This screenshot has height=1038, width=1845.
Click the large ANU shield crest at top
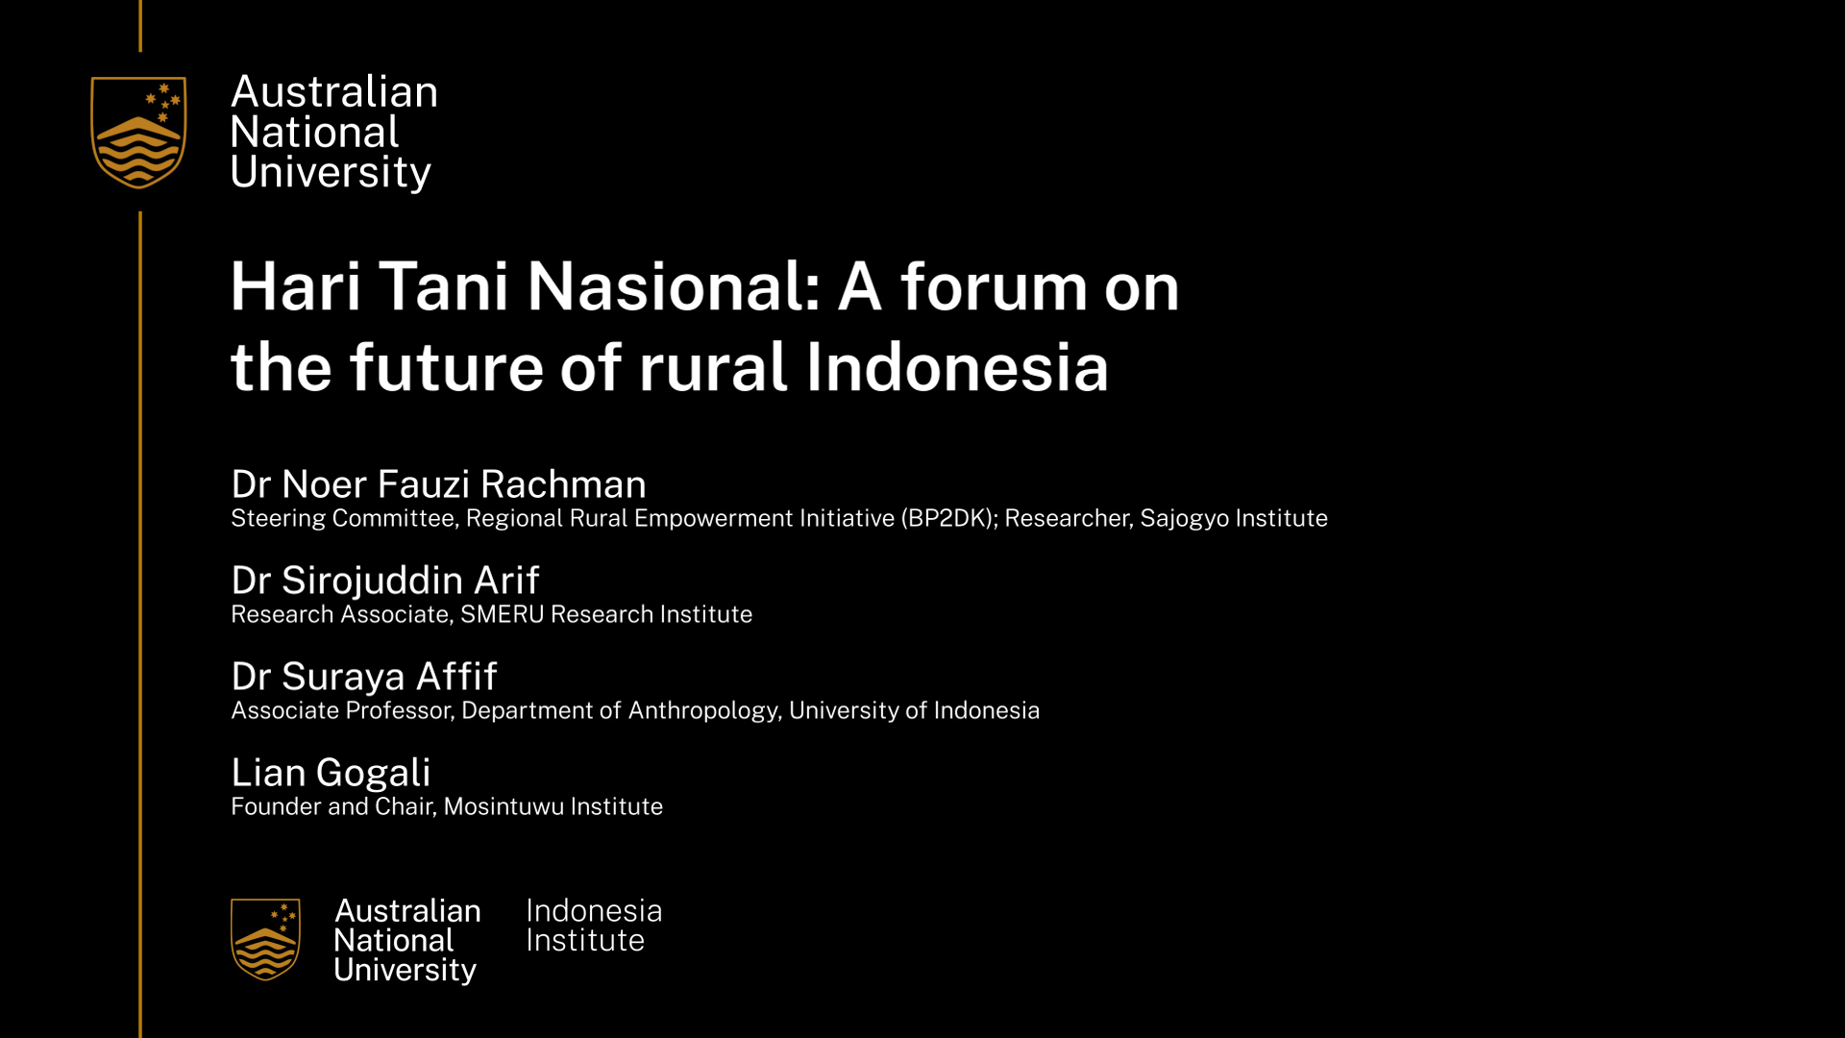click(138, 133)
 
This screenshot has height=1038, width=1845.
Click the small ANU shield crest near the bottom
click(265, 939)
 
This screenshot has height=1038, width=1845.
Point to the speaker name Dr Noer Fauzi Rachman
click(438, 483)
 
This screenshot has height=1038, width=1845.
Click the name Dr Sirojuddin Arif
click(385, 580)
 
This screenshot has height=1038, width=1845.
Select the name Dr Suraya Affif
click(364, 676)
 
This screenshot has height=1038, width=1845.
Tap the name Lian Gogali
click(331, 772)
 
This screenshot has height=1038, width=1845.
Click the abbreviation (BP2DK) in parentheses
click(947, 518)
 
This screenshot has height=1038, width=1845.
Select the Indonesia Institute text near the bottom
click(594, 926)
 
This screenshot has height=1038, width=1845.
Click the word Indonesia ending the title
click(957, 367)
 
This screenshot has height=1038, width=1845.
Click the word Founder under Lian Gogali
click(276, 806)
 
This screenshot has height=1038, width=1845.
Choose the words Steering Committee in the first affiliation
click(343, 519)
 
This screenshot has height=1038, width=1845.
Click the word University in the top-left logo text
click(331, 173)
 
